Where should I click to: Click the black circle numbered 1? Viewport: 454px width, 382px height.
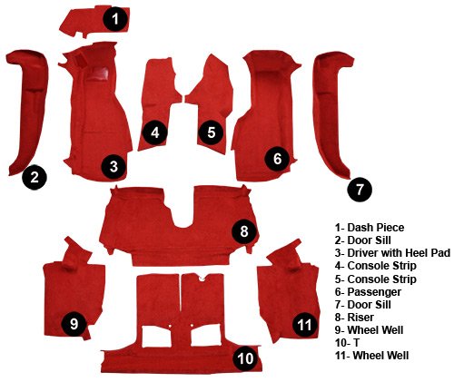pos(115,19)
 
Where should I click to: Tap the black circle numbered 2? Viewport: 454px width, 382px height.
pos(35,177)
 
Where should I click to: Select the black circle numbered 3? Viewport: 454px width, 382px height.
pos(113,166)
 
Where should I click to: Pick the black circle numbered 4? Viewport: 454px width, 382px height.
pos(155,132)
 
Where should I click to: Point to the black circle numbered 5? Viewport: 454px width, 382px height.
pos(211,132)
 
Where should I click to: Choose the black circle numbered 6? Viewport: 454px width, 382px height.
pos(277,159)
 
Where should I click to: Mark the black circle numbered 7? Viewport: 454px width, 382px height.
pos(360,190)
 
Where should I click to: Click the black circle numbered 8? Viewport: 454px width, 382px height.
pos(244,231)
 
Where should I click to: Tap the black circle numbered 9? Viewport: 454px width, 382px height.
pos(74,324)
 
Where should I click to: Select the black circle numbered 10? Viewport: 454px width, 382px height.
pos(245,358)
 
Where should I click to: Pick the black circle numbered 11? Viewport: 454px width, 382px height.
pos(304,325)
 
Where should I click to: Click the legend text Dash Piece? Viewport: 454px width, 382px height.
pos(376,228)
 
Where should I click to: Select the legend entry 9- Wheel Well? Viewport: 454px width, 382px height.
pos(369,329)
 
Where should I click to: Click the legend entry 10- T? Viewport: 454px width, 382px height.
pos(347,343)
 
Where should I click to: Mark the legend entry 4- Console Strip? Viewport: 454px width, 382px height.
pos(376,266)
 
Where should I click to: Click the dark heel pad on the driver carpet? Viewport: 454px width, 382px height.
pos(97,73)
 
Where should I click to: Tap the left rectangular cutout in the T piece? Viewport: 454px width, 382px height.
pos(156,336)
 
